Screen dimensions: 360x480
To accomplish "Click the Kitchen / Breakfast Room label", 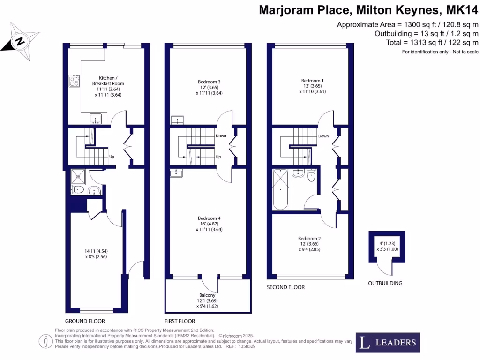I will pos(111,81).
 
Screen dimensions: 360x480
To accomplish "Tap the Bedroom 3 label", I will pos(209,82).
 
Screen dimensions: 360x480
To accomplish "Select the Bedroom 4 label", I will pos(209,218).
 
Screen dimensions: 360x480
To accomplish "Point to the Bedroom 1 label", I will pos(312,81).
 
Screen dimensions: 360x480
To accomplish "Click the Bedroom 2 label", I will pos(309,238).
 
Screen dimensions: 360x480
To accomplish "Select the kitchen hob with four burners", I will pos(75,82).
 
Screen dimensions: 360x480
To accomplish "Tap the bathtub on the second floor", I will pos(280,190).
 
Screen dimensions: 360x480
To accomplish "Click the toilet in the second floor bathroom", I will pos(311,177).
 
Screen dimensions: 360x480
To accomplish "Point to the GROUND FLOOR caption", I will pos(85,321).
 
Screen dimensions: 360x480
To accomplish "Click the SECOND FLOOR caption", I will pos(285,287).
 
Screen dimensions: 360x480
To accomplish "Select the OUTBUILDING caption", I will pos(385,283).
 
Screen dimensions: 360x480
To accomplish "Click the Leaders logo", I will pos(388,342).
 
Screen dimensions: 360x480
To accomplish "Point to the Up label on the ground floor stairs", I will pos(112,157).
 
